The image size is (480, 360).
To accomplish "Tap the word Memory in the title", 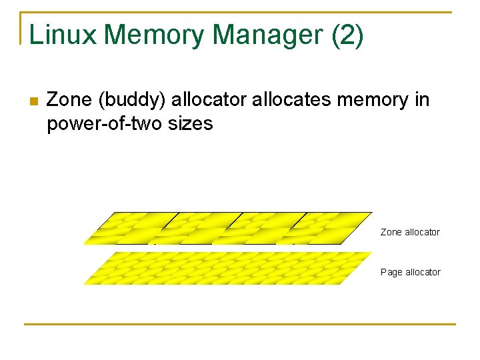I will [155, 35].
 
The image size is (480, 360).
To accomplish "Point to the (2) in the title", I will [347, 35].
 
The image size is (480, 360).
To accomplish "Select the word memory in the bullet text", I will [374, 100].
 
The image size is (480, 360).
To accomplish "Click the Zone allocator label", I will [410, 232].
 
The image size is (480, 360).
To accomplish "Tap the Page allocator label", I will [410, 272].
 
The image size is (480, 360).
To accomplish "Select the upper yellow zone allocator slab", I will [227, 228].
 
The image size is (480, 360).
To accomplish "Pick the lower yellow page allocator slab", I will [227, 268].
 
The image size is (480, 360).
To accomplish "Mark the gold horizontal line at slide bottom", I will [240, 325].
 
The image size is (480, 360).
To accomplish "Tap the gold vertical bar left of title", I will [21, 28].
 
